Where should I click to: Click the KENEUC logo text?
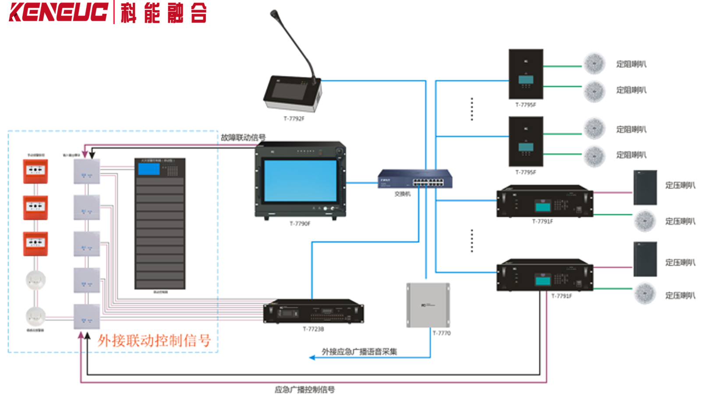pos(58,12)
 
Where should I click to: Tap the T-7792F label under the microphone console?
pos(294,119)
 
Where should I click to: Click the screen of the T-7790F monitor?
pos(300,181)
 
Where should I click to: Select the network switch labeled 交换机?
pos(414,179)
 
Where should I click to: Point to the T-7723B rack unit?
pos(313,312)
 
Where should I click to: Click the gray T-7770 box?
pos(428,305)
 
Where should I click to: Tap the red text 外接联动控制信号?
pos(154,341)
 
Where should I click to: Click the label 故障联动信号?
pos(243,137)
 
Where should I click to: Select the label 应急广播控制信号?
pos(304,389)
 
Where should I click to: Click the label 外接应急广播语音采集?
pos(359,352)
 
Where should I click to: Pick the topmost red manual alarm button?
pos(35,171)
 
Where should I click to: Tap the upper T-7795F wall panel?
pos(526,74)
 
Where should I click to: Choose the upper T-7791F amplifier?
pos(545,201)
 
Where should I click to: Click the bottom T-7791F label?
pos(561,296)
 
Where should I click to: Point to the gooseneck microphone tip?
pos(274,14)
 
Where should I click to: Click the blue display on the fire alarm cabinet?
pos(149,169)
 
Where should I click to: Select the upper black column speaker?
pos(645,188)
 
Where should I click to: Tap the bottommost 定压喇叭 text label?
pos(680,295)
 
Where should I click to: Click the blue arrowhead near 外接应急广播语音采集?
pos(312,358)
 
